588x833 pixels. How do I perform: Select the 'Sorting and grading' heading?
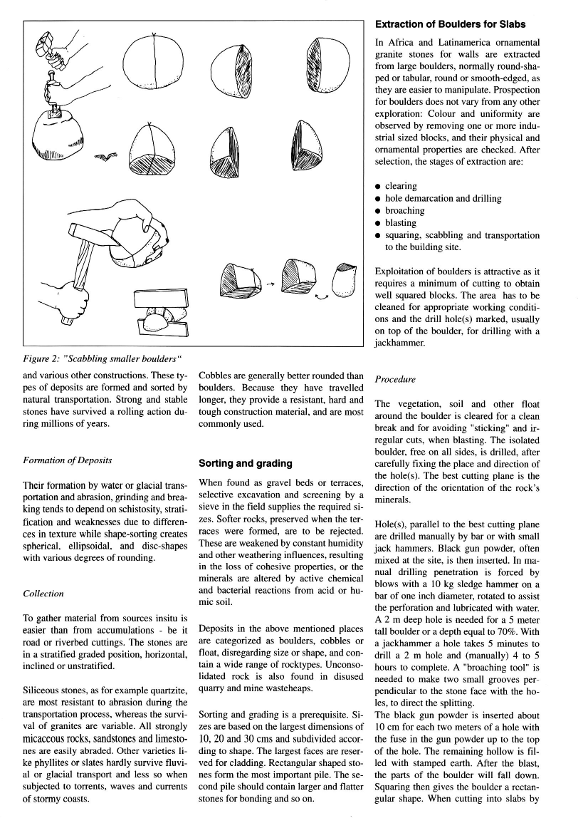(246, 463)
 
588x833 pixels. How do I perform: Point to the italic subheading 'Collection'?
(43, 593)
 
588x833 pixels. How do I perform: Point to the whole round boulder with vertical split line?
(155, 63)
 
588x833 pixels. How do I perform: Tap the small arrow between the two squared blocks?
(270, 284)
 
